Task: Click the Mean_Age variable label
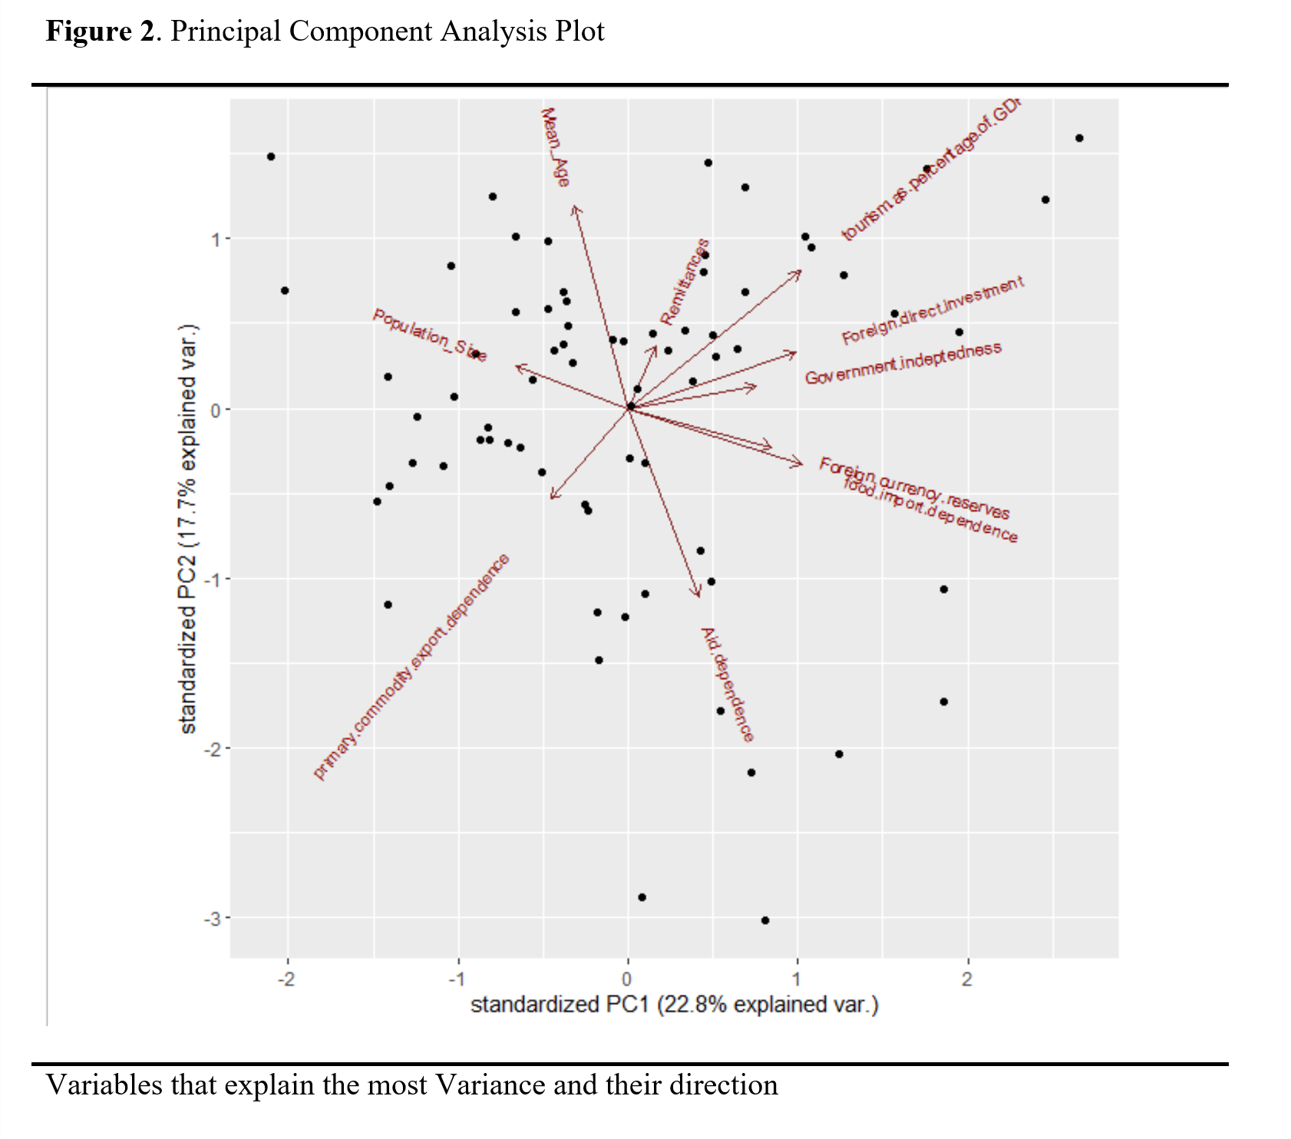click(x=555, y=147)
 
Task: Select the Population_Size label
click(x=429, y=335)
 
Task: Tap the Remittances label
click(x=685, y=282)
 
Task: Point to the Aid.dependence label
click(x=727, y=685)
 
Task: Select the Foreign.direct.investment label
click(x=932, y=311)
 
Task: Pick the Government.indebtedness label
click(x=903, y=362)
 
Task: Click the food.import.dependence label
click(x=930, y=510)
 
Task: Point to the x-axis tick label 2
click(x=966, y=979)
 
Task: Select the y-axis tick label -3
click(x=212, y=919)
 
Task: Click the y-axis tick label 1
click(x=216, y=239)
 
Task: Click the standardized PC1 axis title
click(x=674, y=1005)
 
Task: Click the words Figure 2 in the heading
click(x=100, y=31)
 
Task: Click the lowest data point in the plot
click(x=764, y=920)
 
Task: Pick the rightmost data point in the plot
click(x=1079, y=138)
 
